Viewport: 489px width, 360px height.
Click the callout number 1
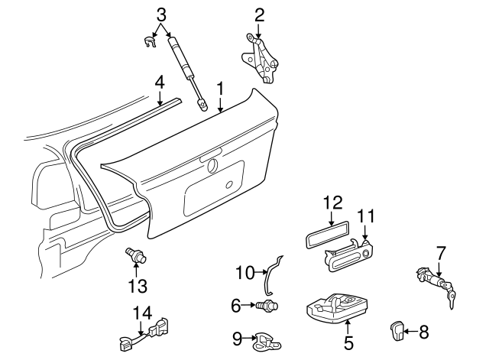pyautogui.click(x=221, y=89)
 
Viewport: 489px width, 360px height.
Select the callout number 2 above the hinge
pyautogui.click(x=260, y=15)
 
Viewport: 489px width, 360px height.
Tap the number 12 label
pyautogui.click(x=333, y=203)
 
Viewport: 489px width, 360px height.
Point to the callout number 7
pyautogui.click(x=441, y=253)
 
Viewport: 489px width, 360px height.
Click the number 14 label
pyautogui.click(x=143, y=313)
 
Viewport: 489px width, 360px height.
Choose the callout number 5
pyautogui.click(x=348, y=342)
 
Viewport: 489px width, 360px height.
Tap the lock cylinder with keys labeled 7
pyautogui.click(x=436, y=285)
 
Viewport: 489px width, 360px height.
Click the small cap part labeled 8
pyautogui.click(x=397, y=330)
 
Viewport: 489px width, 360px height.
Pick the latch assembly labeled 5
pyautogui.click(x=338, y=308)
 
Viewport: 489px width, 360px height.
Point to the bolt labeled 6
pyautogui.click(x=267, y=305)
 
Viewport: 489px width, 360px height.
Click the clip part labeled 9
pyautogui.click(x=267, y=342)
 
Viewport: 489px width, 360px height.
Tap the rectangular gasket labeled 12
pyautogui.click(x=326, y=235)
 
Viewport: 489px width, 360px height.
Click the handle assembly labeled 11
pyautogui.click(x=348, y=255)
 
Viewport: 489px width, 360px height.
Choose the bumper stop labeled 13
pyautogui.click(x=135, y=255)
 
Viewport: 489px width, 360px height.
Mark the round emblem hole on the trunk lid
pyautogui.click(x=213, y=165)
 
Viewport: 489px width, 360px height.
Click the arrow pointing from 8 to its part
pyautogui.click(x=410, y=331)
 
